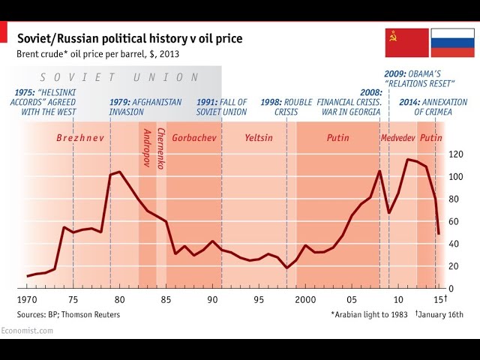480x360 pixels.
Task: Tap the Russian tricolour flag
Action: [451, 43]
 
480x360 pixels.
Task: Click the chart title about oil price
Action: [130, 38]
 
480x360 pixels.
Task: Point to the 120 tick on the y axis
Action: [456, 154]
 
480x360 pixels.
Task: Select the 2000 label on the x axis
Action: [305, 300]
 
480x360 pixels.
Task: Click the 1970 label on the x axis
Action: [28, 300]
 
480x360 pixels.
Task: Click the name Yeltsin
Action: [259, 138]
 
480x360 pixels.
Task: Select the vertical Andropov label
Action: [146, 148]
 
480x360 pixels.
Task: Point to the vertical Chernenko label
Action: [160, 148]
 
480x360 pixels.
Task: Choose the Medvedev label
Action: [397, 138]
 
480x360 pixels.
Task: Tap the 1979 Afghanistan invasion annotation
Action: [145, 106]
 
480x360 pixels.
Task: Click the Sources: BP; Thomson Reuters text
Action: [68, 314]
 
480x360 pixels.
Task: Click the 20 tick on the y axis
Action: [454, 266]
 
